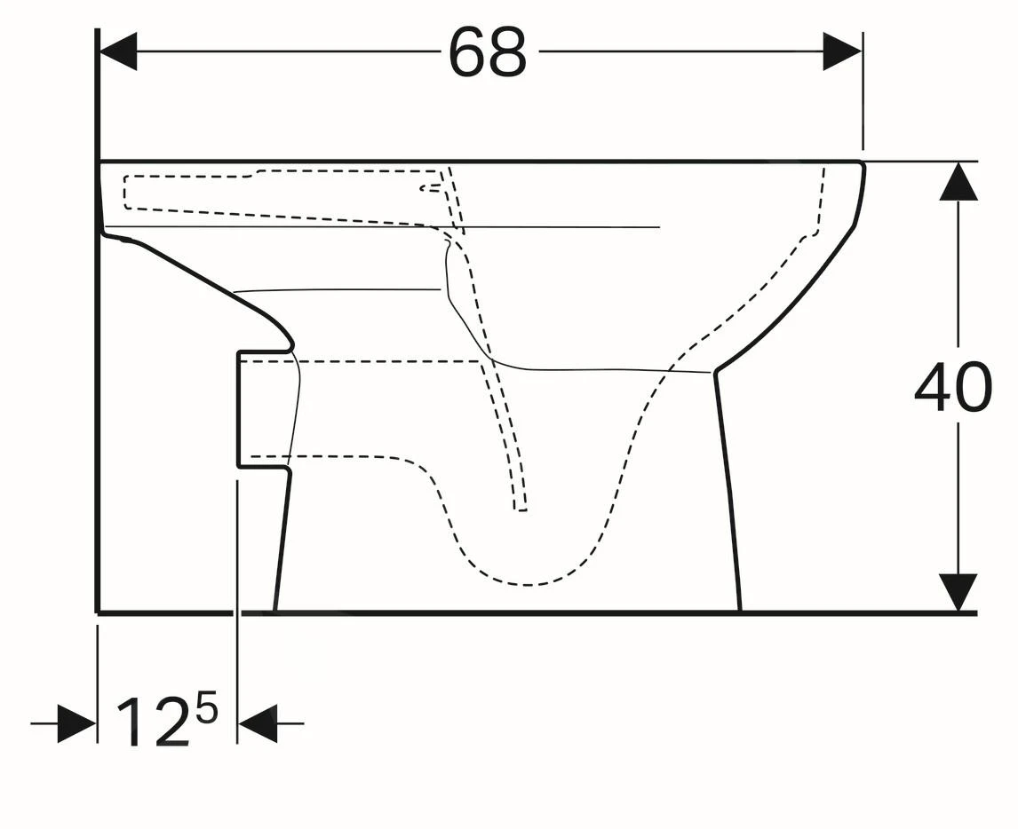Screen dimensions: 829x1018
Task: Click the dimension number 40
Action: [952, 388]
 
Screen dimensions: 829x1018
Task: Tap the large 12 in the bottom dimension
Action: [153, 722]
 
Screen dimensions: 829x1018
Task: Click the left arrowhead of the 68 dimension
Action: [118, 51]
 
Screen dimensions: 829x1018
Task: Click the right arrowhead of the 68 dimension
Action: [842, 51]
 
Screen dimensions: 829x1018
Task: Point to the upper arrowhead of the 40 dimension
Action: [958, 182]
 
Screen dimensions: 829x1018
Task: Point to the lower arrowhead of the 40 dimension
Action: [958, 592]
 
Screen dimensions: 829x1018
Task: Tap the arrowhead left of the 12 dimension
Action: [76, 723]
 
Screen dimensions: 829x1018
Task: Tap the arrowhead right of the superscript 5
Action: [258, 723]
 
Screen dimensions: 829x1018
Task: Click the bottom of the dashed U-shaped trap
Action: [529, 584]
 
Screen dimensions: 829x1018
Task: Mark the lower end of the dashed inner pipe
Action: [521, 509]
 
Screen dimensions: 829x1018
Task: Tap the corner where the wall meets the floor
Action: [97, 612]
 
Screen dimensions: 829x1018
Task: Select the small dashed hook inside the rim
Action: [430, 187]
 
